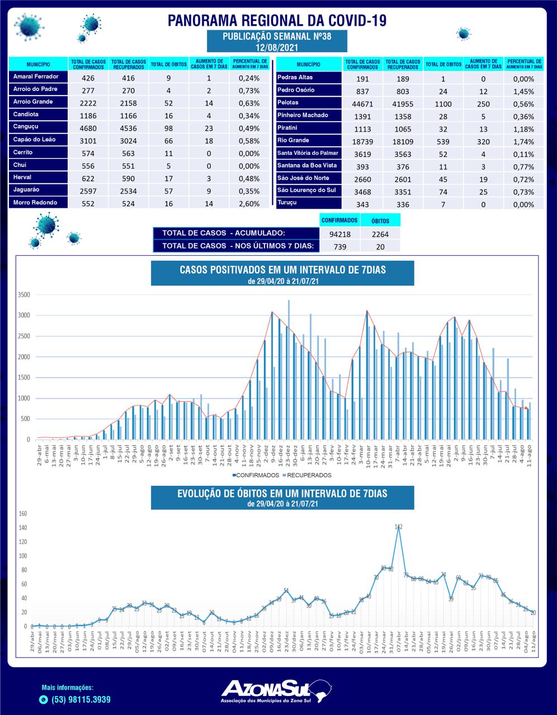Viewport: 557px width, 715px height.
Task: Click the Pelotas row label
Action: (288, 103)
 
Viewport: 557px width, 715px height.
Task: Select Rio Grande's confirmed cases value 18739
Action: (362, 141)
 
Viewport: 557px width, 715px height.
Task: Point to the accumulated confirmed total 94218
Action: (340, 234)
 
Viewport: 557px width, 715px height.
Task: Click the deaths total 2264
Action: (380, 234)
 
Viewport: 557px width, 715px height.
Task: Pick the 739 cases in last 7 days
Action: (340, 246)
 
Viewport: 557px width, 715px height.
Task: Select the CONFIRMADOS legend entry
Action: (257, 475)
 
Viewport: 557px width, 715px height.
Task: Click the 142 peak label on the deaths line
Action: (398, 527)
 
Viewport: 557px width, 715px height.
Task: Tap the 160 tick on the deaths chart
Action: (23, 513)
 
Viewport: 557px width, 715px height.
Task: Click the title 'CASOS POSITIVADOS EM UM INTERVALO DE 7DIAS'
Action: (282, 270)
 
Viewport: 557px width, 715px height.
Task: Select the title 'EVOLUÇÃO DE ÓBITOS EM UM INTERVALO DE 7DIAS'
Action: (282, 494)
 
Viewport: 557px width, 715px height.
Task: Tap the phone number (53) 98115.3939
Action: (81, 699)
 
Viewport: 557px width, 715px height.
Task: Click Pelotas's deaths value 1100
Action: (442, 104)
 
